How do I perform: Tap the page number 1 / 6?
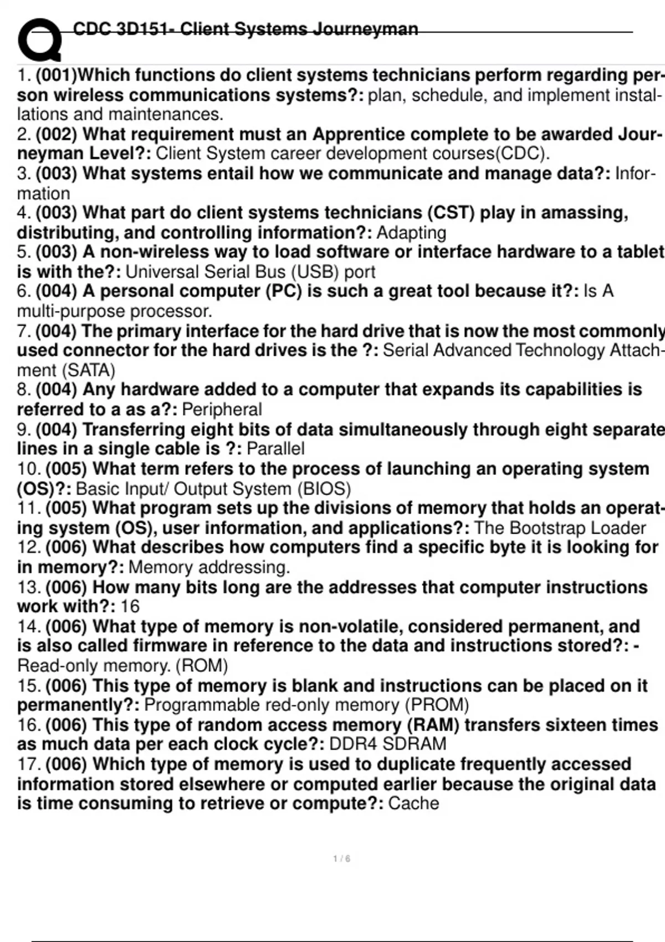coord(341,859)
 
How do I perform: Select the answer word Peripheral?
coord(222,409)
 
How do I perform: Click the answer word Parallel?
coord(275,449)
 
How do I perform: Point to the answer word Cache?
coord(413,803)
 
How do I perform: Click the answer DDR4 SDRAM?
coord(387,744)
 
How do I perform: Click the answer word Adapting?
coord(411,233)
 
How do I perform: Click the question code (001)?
coord(58,75)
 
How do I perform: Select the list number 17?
coord(28,765)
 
